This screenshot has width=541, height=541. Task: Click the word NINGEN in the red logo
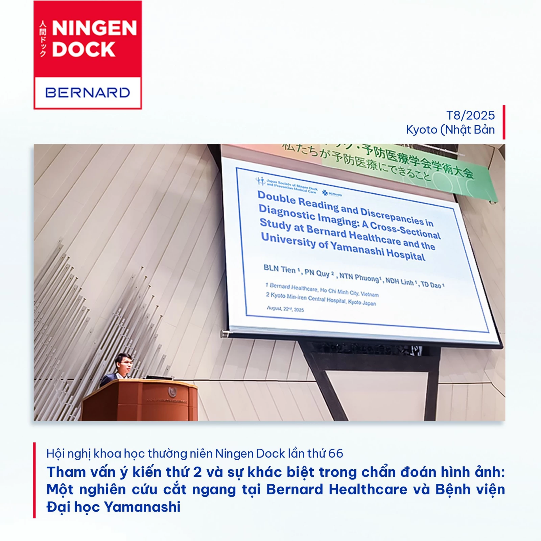point(94,28)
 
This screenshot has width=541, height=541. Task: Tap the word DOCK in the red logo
point(84,49)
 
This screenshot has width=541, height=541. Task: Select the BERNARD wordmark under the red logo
point(88,93)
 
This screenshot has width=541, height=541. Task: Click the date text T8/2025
point(470,116)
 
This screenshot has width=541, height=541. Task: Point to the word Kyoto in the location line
point(421,130)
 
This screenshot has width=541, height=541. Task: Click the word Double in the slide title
point(277,197)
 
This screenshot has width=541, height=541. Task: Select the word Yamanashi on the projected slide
point(357,248)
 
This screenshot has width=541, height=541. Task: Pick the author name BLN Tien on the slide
point(280,269)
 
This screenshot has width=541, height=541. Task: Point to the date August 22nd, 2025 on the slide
point(285,309)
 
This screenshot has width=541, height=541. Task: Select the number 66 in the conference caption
point(335,453)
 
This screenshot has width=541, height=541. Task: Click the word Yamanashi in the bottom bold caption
point(142,507)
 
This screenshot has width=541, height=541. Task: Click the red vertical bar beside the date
point(503,122)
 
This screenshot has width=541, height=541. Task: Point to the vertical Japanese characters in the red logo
point(43,39)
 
